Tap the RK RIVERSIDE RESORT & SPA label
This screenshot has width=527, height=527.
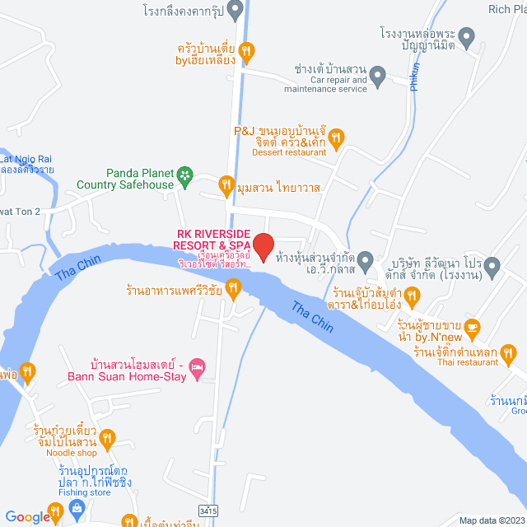pyautogui.click(x=212, y=240)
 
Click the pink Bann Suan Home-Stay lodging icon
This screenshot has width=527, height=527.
pyautogui.click(x=196, y=366)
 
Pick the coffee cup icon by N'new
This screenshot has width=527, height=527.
pyautogui.click(x=472, y=327)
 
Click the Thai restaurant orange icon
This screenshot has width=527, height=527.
pyautogui.click(x=508, y=356)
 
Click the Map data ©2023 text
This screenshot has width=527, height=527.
pyautogui.click(x=491, y=520)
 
